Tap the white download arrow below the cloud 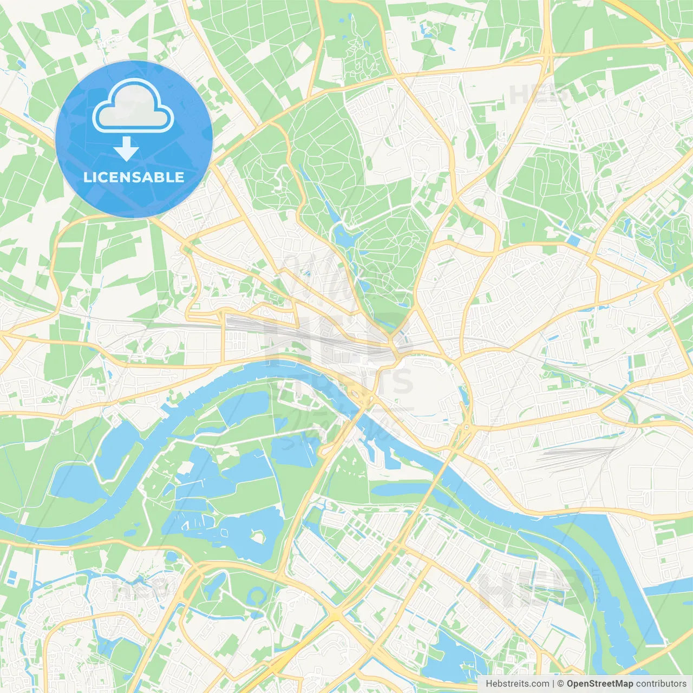point(126,149)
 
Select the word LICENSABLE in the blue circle point(134,177)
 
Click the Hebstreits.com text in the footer point(517,684)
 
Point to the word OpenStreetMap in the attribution point(599,684)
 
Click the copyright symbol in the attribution point(560,684)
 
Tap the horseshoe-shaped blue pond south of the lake point(257,597)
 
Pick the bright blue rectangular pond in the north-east point(572,239)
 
